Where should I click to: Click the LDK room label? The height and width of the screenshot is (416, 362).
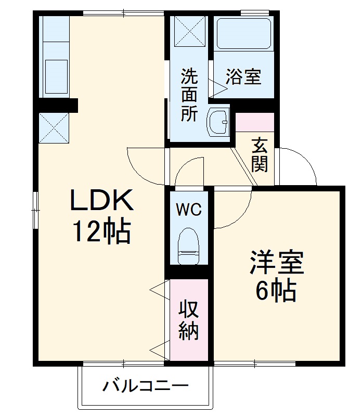(102, 200)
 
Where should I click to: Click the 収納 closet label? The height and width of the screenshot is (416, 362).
(189, 320)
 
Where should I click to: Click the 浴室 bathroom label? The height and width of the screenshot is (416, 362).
(243, 78)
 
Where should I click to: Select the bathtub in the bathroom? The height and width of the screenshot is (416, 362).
(243, 35)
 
